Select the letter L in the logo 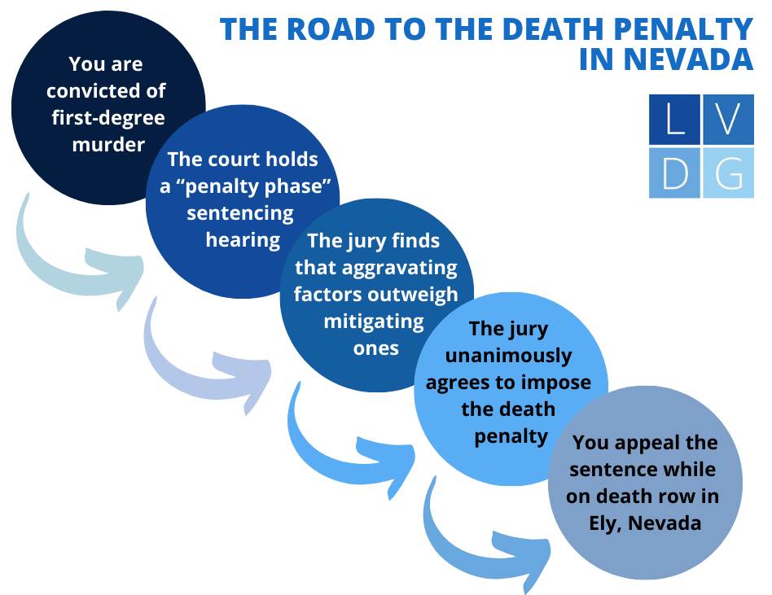click(x=674, y=120)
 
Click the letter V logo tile click(x=729, y=120)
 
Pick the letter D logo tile click(x=674, y=173)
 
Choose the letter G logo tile click(x=729, y=173)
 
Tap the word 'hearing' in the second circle click(x=243, y=240)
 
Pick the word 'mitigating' click(x=374, y=321)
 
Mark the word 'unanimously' click(x=508, y=356)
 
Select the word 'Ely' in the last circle click(x=605, y=523)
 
